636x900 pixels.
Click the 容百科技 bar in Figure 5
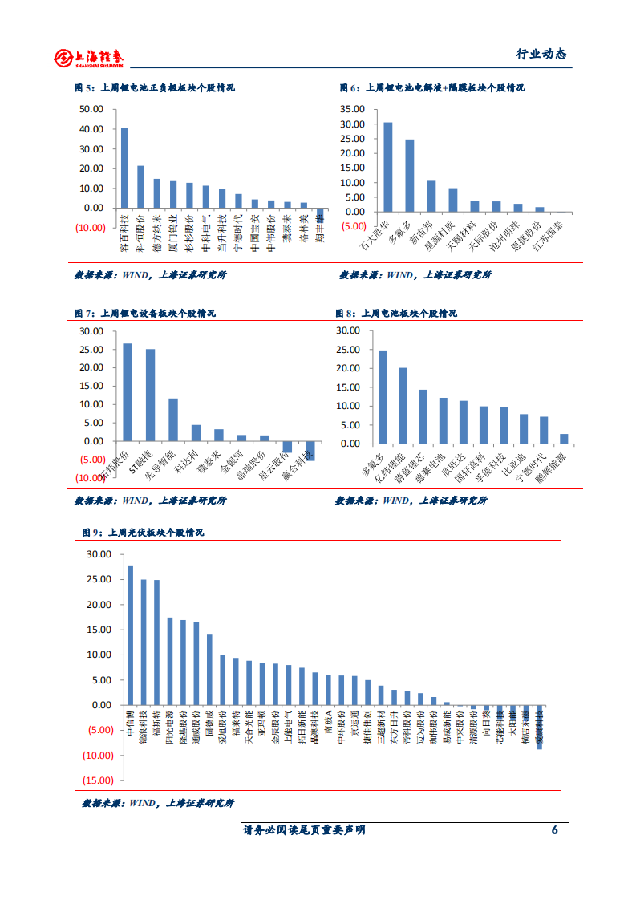[x=124, y=168]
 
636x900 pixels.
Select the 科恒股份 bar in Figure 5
[x=140, y=187]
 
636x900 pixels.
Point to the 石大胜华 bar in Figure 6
[x=388, y=167]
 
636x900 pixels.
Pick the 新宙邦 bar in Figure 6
[x=431, y=196]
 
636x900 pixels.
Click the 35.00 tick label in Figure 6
[x=353, y=109]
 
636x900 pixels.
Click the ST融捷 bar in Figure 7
[x=150, y=395]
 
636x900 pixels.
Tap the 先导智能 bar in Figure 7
[x=173, y=420]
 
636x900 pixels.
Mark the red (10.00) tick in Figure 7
[x=91, y=478]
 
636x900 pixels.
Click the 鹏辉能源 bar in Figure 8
[x=564, y=438]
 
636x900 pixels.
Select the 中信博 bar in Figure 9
[x=130, y=635]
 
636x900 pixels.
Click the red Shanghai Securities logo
[x=90, y=56]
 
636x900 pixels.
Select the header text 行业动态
[x=540, y=55]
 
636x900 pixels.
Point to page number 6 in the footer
[x=554, y=830]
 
